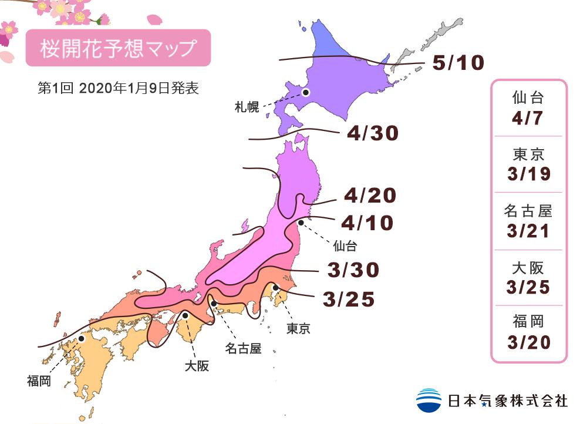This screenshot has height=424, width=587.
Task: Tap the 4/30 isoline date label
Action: (x=372, y=134)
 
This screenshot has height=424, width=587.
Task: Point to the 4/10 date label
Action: (x=366, y=223)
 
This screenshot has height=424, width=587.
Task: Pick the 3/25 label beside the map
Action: (x=348, y=300)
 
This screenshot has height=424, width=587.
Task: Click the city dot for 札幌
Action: (x=306, y=92)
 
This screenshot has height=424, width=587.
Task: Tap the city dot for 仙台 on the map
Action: (x=301, y=223)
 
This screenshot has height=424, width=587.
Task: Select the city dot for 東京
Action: (x=275, y=287)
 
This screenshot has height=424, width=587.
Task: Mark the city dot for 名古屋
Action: (x=214, y=304)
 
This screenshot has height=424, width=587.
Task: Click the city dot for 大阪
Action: (x=185, y=315)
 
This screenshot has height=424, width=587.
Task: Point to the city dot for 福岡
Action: (x=82, y=339)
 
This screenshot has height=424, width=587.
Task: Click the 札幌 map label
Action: (x=245, y=107)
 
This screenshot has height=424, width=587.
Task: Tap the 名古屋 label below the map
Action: (x=242, y=349)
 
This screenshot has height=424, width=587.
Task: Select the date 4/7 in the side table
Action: (x=528, y=119)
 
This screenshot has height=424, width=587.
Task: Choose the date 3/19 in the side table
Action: (x=528, y=174)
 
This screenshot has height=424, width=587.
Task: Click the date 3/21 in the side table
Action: (x=528, y=231)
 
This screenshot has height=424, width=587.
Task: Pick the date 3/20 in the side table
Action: (x=528, y=342)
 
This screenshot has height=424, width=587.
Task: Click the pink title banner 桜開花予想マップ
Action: (x=117, y=48)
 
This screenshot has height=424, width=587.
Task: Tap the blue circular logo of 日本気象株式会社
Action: (x=429, y=400)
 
